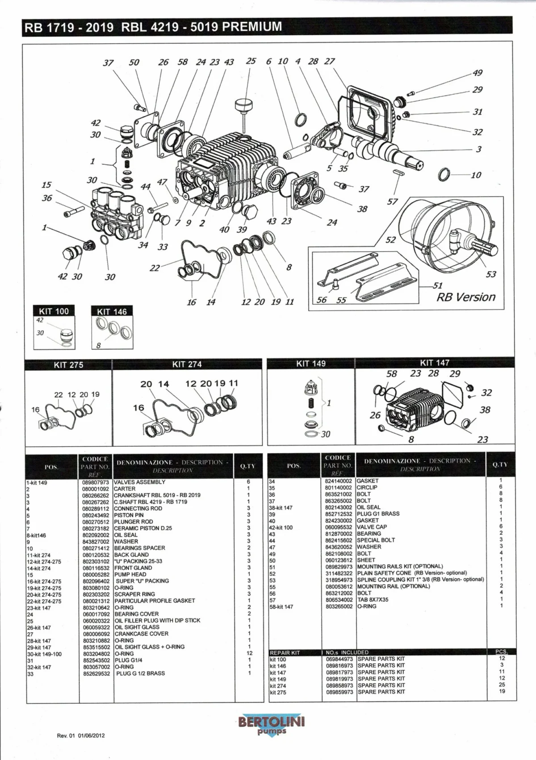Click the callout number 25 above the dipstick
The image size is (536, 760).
tap(251, 61)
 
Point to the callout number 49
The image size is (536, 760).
tap(477, 73)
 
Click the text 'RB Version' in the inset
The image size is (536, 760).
tap(465, 297)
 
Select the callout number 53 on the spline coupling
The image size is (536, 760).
tap(491, 274)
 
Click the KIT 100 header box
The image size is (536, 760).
tap(54, 311)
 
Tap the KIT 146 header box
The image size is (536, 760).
tap(112, 311)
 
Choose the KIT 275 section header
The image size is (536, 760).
tap(68, 365)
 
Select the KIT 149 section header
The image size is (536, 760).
tap(311, 364)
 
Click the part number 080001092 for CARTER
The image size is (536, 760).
tap(96, 489)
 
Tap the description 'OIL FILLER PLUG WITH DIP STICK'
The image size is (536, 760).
tap(157, 621)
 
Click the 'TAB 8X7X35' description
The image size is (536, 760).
tap(373, 600)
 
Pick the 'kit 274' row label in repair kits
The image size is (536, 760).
tap(278, 686)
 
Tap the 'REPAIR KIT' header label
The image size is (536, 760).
tap(285, 652)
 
